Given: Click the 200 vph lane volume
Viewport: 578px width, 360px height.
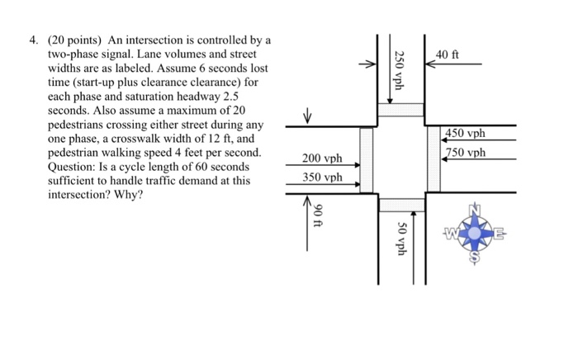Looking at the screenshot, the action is (321, 159).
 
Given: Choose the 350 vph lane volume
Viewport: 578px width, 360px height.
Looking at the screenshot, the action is (321, 177).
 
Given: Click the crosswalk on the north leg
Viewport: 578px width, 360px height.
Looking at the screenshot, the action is (401, 111).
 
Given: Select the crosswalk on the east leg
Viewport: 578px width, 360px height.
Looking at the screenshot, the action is (436, 162).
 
